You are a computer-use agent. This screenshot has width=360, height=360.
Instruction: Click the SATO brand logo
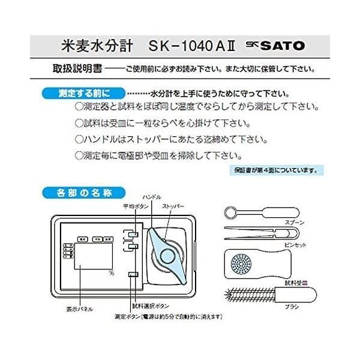click(x=281, y=45)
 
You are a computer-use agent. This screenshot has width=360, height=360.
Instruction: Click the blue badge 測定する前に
click(x=83, y=94)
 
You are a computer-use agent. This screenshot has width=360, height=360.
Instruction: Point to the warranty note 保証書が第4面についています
click(x=275, y=170)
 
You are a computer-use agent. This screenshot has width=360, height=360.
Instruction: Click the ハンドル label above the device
click(x=152, y=197)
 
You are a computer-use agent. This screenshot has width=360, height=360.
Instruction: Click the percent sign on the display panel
click(x=111, y=273)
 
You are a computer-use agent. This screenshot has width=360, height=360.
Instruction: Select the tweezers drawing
click(x=264, y=235)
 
